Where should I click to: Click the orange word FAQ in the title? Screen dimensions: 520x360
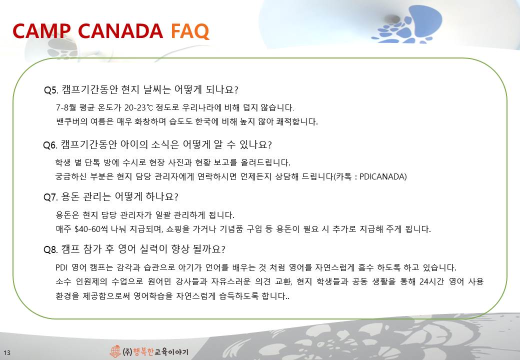(190, 31)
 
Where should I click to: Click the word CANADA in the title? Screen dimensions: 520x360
(120, 31)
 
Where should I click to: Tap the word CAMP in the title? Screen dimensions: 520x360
(41, 31)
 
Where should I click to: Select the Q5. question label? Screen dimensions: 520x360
(51, 90)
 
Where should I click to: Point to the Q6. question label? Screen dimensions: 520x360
(50, 145)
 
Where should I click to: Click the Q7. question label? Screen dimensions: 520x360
(50, 197)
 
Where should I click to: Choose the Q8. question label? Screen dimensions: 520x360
(50, 249)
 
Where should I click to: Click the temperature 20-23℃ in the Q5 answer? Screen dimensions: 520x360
(139, 107)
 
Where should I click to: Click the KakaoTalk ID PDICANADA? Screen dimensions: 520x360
(383, 176)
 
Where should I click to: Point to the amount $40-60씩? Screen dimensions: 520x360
(91, 229)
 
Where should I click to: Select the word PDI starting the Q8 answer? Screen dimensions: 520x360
(61, 267)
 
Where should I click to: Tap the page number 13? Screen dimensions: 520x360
(7, 352)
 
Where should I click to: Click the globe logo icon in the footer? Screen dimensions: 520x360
(115, 351)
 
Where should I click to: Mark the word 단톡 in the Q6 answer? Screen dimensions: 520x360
(92, 163)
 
